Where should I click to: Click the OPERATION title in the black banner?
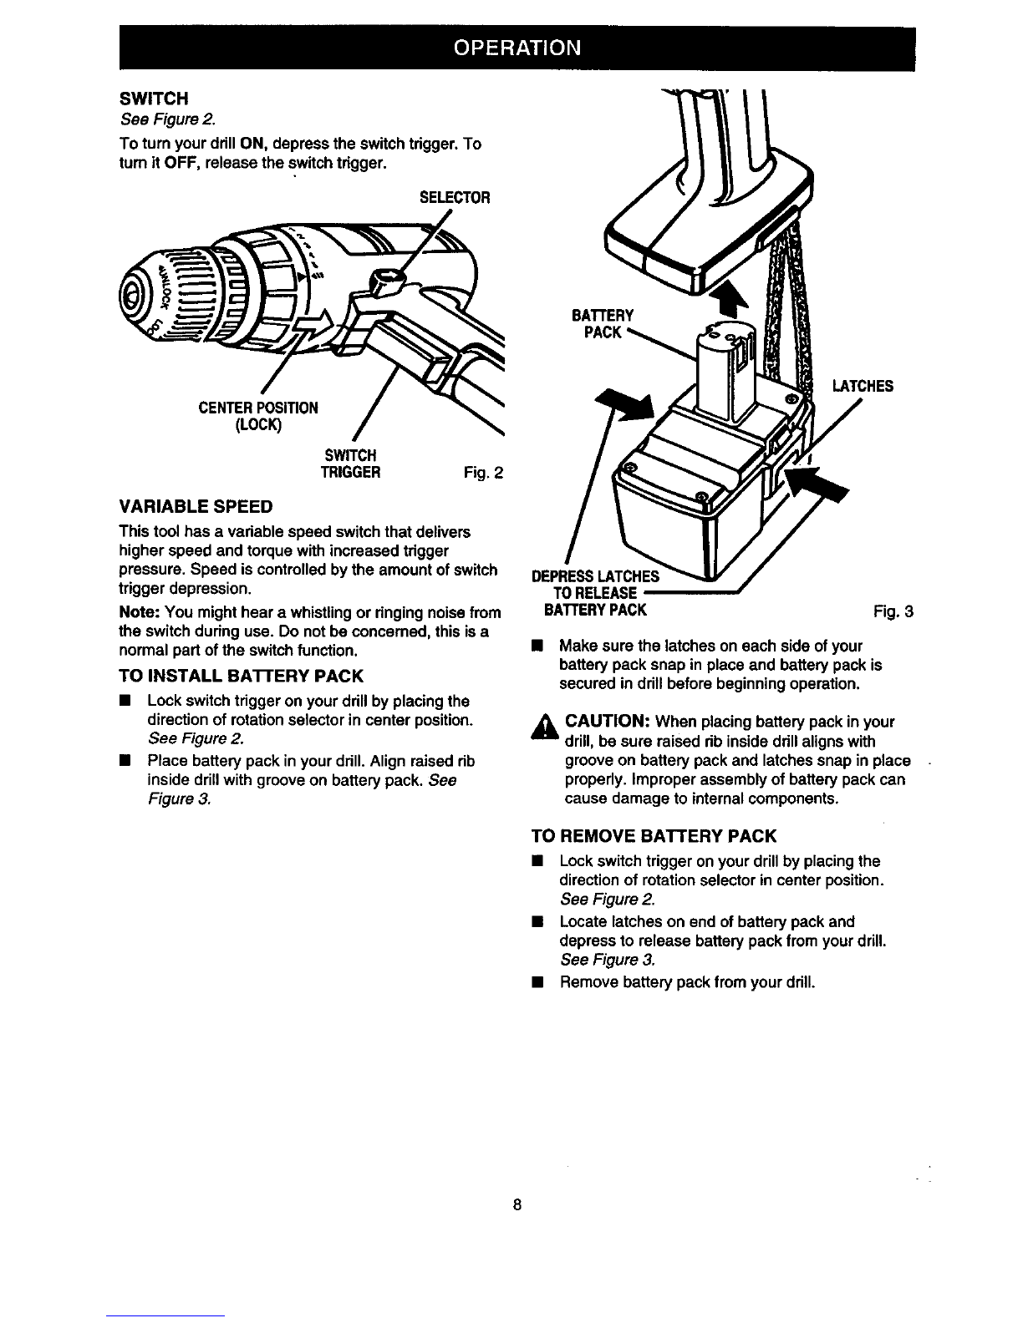(x=517, y=48)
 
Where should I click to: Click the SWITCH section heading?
(x=154, y=99)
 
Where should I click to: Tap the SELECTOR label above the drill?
(x=455, y=197)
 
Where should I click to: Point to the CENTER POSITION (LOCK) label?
(x=258, y=416)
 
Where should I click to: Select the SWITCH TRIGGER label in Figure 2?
(x=350, y=464)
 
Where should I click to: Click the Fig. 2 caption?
(x=484, y=473)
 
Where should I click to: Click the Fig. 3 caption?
(x=893, y=611)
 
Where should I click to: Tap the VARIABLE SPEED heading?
(x=196, y=506)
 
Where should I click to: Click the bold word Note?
(x=140, y=612)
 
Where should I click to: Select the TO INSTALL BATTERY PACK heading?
(x=241, y=676)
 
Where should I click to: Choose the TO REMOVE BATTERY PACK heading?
(x=654, y=836)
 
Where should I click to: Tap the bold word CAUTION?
(x=608, y=722)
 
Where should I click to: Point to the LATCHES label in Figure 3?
(x=863, y=386)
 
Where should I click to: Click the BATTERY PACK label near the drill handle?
(x=603, y=324)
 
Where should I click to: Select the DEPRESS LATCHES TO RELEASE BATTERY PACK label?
(x=595, y=593)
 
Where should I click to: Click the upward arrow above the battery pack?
(x=729, y=299)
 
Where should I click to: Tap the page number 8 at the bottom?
(x=517, y=1204)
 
